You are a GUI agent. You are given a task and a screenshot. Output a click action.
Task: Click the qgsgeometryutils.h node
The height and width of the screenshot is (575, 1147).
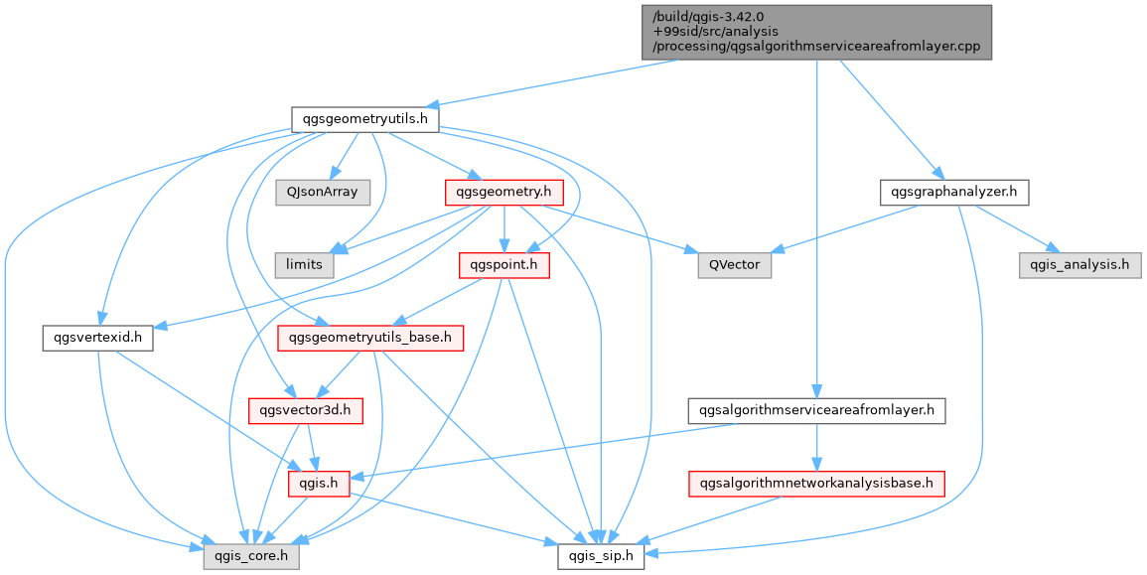coord(365,119)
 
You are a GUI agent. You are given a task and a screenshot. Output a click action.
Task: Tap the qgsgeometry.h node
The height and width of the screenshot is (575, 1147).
coord(504,192)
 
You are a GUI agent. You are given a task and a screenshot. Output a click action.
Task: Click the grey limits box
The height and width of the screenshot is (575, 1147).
coord(304,265)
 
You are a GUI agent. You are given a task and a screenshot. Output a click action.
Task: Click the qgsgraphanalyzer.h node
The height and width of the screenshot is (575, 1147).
coord(953,192)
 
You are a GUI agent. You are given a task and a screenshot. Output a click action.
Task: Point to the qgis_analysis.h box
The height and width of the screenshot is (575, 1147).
coord(1078,265)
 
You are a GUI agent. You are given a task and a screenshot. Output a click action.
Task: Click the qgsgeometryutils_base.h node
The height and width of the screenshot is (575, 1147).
coord(370,338)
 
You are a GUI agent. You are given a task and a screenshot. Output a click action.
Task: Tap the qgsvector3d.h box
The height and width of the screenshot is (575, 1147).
coord(304,410)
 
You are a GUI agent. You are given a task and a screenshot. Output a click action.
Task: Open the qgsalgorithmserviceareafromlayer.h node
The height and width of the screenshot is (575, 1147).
coord(816,410)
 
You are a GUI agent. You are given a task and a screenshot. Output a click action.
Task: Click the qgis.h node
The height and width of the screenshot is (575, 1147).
coord(314,484)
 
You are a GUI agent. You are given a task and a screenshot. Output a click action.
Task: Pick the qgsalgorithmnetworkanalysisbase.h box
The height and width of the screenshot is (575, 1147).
coord(816,484)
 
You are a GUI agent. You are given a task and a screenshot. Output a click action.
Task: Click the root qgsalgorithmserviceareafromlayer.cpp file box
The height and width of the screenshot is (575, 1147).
coord(816,32)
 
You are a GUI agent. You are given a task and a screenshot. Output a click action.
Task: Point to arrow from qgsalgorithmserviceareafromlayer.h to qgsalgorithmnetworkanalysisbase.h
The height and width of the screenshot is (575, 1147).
coord(816,447)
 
